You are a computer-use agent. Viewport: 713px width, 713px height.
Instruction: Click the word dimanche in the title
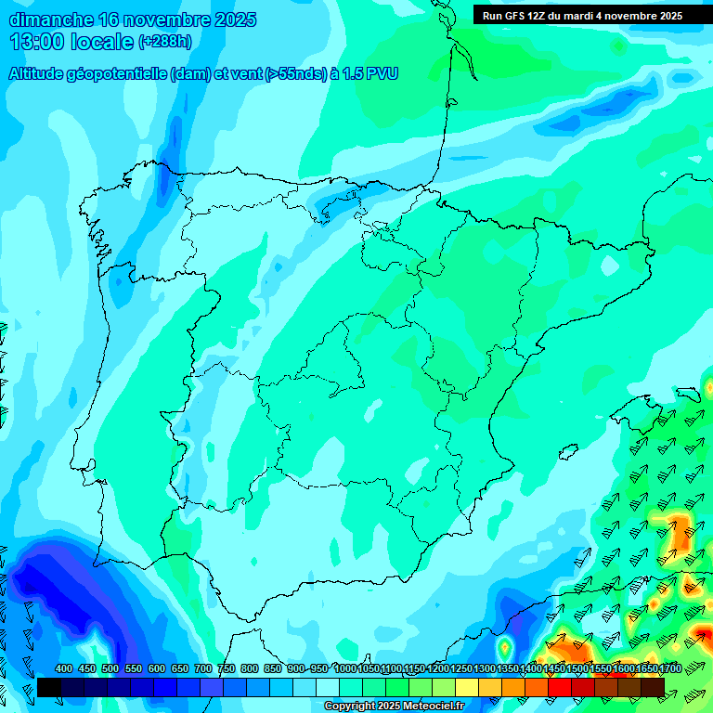[x=51, y=19]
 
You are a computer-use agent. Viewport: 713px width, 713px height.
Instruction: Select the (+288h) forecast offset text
[x=164, y=42]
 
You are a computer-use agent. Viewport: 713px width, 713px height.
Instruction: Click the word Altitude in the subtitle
[x=39, y=74]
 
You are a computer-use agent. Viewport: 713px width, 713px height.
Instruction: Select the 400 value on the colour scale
[x=64, y=668]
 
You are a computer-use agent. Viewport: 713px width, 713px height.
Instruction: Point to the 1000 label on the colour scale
[x=345, y=668]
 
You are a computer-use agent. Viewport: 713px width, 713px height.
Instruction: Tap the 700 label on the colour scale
[x=203, y=668]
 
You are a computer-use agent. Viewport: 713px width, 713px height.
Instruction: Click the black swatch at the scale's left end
[x=49, y=687]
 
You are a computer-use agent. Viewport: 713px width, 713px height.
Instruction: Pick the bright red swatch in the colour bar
[x=560, y=687]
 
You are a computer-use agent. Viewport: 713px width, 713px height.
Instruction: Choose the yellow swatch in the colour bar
[x=467, y=687]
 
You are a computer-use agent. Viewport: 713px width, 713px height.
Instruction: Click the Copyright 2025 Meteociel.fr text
[x=395, y=707]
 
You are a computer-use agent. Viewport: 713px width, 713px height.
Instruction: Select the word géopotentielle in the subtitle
[x=121, y=74]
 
